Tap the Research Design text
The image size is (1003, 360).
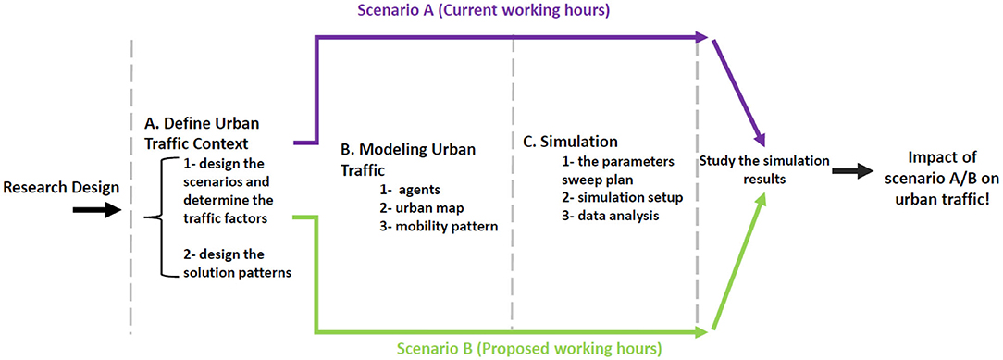[x=61, y=188]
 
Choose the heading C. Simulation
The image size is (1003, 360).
[x=570, y=143]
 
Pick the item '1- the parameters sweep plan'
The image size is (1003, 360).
[x=602, y=170]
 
